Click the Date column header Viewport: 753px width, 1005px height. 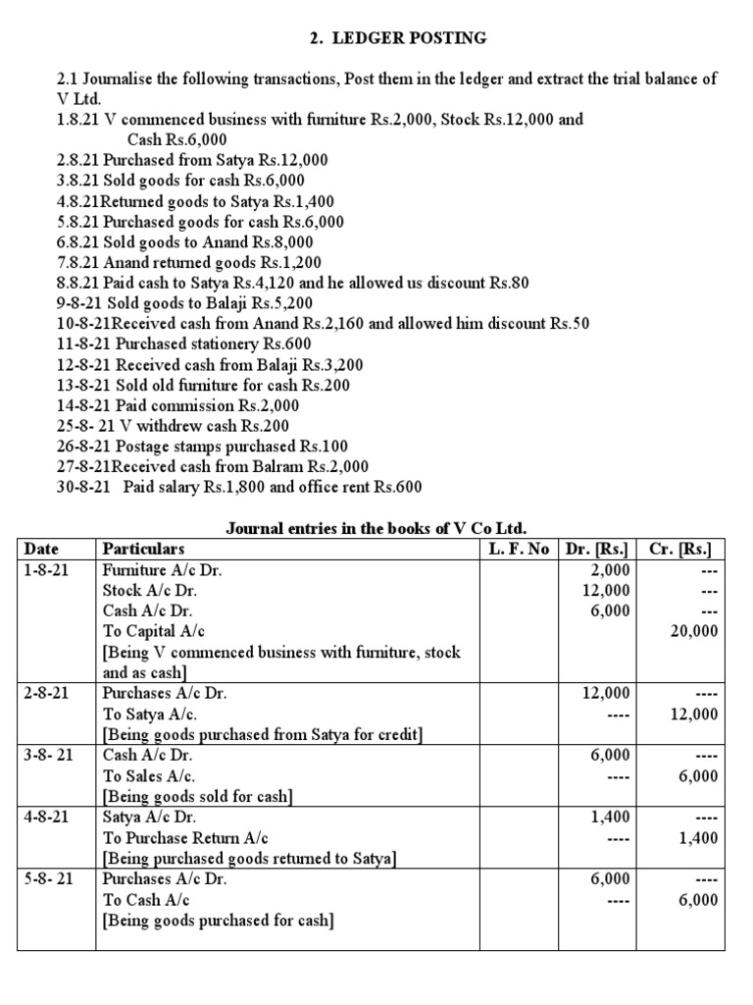click(x=42, y=549)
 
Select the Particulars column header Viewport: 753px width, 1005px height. click(x=143, y=549)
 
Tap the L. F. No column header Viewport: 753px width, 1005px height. click(x=519, y=549)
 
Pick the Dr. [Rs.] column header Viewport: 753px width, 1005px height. click(x=599, y=549)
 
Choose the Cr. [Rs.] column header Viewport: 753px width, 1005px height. click(x=680, y=549)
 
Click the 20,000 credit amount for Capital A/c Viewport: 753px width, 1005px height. click(x=693, y=631)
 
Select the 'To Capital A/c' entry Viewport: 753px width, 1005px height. click(x=154, y=631)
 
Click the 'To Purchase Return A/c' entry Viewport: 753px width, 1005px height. click(x=185, y=837)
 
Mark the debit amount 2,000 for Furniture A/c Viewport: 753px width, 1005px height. click(x=611, y=569)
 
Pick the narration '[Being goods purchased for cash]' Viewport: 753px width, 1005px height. click(x=218, y=920)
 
